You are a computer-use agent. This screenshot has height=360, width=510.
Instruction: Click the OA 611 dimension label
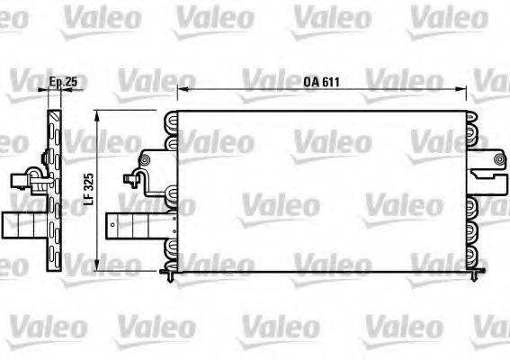point(320,82)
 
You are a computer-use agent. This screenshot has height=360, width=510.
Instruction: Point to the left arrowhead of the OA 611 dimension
point(179,89)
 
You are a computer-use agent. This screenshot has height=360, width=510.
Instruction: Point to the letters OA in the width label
point(309,82)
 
